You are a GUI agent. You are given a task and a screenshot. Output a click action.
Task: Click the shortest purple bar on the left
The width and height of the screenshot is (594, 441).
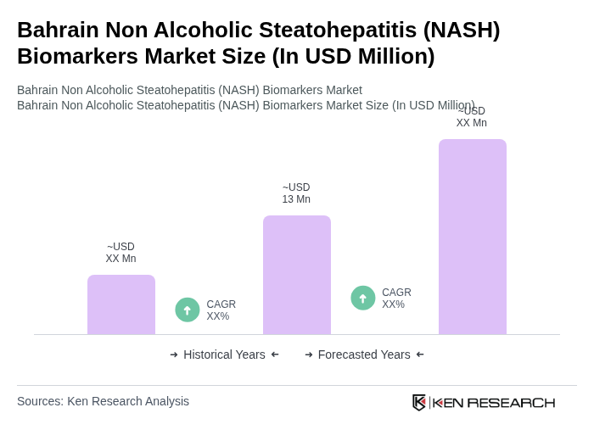tap(121, 304)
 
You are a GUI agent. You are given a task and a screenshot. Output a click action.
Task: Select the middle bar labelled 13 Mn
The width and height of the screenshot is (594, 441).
tap(297, 275)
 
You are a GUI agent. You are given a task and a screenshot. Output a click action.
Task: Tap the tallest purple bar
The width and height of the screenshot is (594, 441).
tap(473, 237)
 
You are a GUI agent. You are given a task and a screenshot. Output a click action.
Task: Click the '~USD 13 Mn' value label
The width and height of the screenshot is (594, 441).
tap(296, 193)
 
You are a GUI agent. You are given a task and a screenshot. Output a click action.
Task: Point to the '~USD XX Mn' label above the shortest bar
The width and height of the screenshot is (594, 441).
tap(120, 253)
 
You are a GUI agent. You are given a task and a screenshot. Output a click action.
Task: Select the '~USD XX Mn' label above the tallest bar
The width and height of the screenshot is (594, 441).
tap(472, 117)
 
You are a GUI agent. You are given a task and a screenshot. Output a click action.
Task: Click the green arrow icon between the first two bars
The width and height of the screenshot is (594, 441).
tap(188, 310)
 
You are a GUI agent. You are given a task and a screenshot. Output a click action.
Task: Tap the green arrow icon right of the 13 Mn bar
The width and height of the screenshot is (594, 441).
tap(363, 298)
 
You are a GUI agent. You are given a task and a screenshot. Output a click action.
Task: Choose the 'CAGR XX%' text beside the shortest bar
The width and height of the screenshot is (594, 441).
tap(221, 310)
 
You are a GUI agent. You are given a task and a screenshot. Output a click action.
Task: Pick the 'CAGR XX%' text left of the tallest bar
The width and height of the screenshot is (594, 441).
tap(396, 299)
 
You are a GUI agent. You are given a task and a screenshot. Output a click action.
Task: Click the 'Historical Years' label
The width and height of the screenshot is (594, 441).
tap(224, 354)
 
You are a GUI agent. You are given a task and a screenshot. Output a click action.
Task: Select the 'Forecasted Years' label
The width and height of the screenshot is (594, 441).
tap(364, 354)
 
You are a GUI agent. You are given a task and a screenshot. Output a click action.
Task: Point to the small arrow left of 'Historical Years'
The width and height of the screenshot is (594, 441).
tap(174, 354)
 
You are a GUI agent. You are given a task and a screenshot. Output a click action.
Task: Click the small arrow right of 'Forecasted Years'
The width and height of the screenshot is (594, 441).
tap(420, 354)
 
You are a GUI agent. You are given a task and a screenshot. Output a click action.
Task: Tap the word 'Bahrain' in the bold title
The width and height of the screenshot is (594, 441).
tap(58, 30)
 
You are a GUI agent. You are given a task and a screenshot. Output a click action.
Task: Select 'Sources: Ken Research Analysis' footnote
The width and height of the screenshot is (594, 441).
tap(103, 401)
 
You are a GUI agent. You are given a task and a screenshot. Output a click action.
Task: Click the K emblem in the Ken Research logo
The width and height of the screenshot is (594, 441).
tap(419, 402)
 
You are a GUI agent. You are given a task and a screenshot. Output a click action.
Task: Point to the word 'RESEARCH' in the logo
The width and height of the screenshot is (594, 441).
tap(511, 402)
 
